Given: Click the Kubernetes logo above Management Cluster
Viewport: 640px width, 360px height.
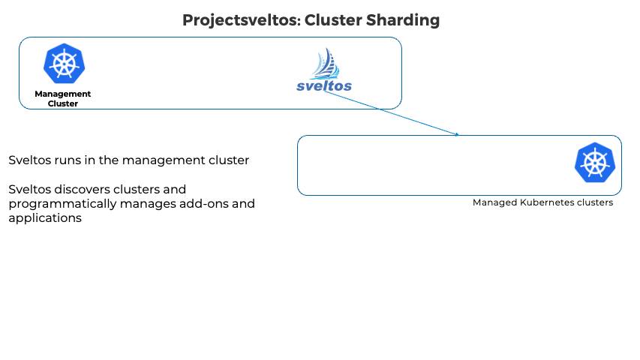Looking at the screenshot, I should [64, 64].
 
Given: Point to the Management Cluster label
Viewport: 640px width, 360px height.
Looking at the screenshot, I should [63, 98].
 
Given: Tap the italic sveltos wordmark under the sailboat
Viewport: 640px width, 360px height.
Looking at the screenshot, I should [324, 85].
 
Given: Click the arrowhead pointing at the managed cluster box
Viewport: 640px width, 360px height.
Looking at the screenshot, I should [455, 135].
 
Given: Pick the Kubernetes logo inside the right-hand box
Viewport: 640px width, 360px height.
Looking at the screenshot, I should [594, 163].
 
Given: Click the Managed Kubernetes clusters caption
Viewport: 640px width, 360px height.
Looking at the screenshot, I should [542, 202].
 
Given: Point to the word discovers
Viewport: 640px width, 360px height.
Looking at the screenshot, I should [80, 189].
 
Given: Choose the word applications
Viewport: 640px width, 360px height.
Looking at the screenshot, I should [45, 218].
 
